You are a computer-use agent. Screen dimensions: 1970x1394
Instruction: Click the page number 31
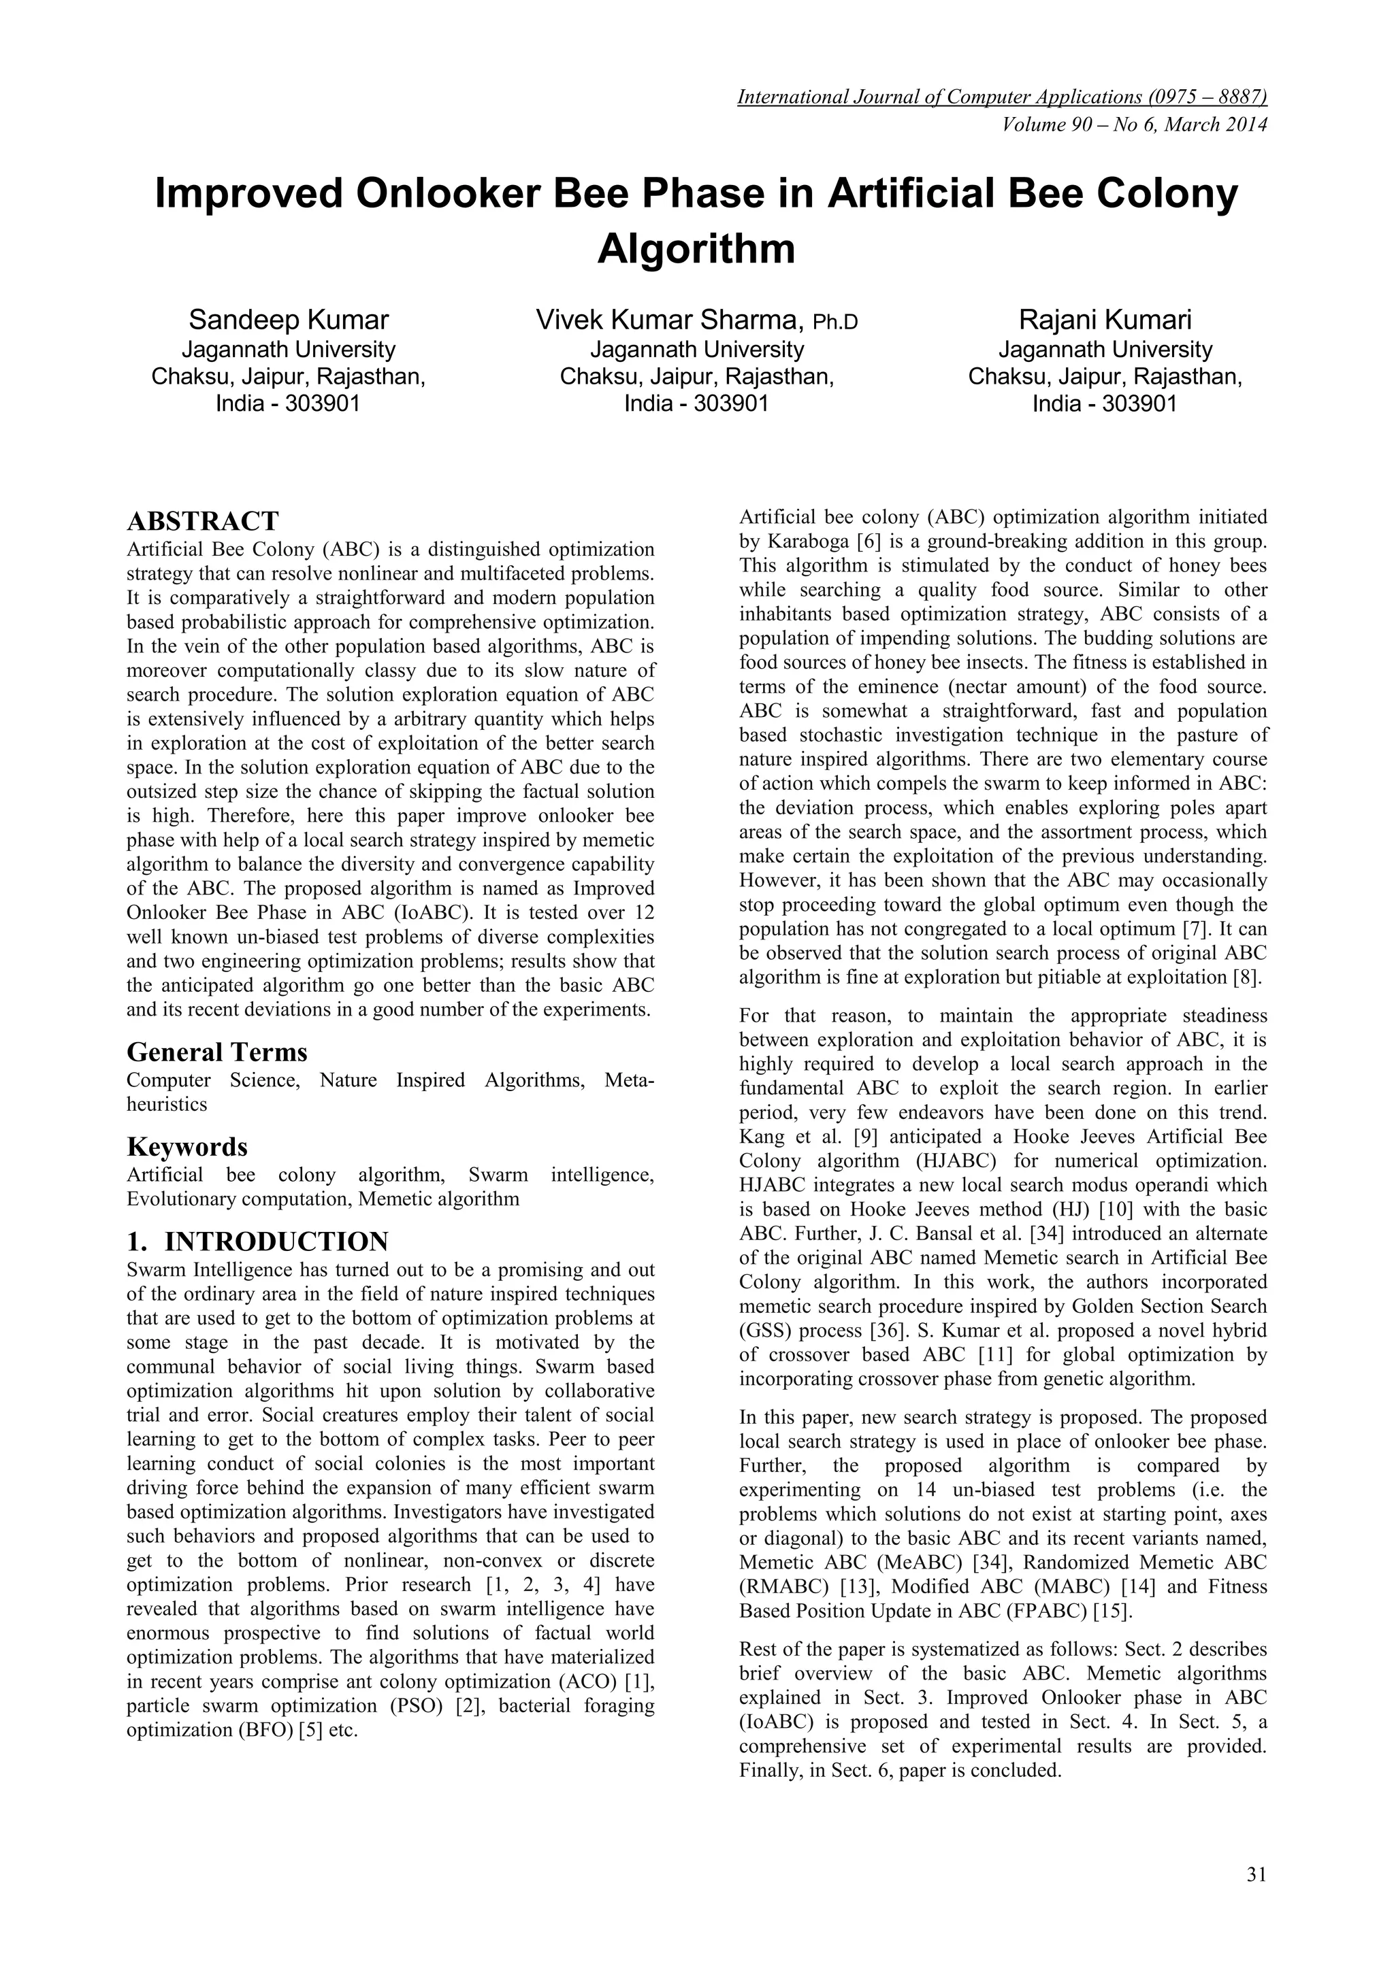pyautogui.click(x=1256, y=1874)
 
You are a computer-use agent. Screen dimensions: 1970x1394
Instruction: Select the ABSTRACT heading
pyautogui.click(x=203, y=521)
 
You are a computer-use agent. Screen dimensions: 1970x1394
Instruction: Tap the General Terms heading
pyautogui.click(x=217, y=1052)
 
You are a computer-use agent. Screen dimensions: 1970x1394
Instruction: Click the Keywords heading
pyautogui.click(x=187, y=1146)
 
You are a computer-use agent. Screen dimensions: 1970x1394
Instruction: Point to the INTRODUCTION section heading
pyautogui.click(x=276, y=1241)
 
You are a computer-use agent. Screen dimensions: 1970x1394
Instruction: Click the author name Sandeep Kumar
pyautogui.click(x=289, y=320)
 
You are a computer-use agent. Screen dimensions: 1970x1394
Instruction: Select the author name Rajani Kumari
pyautogui.click(x=1105, y=320)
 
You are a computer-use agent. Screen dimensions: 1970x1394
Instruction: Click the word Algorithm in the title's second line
pyautogui.click(x=696, y=249)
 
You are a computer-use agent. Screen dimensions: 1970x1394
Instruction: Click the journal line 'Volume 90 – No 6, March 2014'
pyautogui.click(x=1135, y=125)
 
